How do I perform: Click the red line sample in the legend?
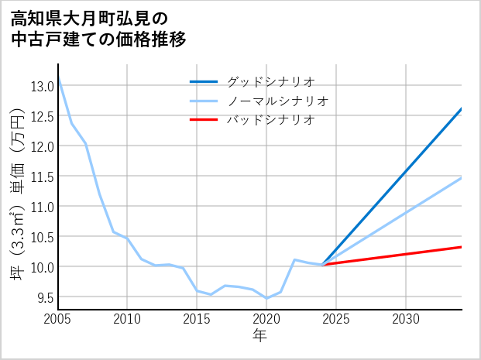(x=204, y=120)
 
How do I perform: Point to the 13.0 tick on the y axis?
(x=42, y=86)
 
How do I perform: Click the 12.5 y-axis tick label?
(x=42, y=116)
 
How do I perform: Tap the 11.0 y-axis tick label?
(x=42, y=207)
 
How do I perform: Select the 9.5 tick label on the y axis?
(x=42, y=297)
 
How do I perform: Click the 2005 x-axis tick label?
(x=58, y=319)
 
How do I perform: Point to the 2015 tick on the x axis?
(x=197, y=319)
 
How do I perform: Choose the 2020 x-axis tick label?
(x=266, y=319)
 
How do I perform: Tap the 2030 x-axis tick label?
(x=406, y=319)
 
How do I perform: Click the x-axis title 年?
(x=260, y=335)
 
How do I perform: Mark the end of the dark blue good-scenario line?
(x=462, y=109)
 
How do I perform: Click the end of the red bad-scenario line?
(x=462, y=247)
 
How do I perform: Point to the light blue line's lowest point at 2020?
(x=266, y=298)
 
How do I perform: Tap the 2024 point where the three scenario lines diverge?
(x=322, y=265)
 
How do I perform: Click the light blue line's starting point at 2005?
(x=58, y=77)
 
